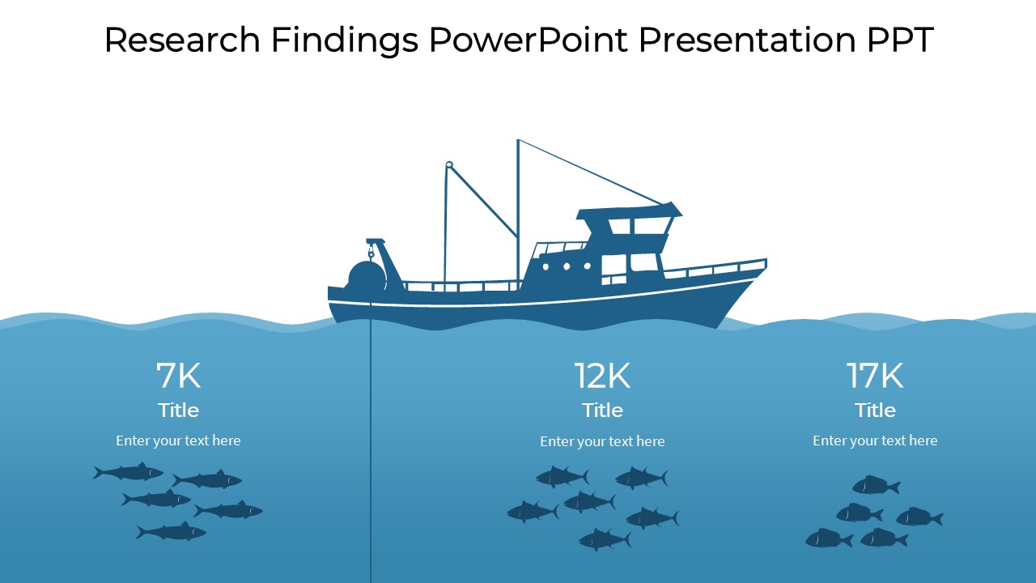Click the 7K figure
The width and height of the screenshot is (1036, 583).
point(178,376)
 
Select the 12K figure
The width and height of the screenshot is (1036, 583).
point(602,376)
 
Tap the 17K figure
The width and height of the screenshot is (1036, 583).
point(875,376)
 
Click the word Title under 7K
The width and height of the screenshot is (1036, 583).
point(178,410)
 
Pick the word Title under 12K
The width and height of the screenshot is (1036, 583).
point(602,410)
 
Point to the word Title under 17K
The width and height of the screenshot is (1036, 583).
point(875,410)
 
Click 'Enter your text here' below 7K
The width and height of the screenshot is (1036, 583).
point(178,440)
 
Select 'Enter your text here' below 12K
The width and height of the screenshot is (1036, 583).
point(602,441)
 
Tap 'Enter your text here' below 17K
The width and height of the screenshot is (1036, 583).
point(875,440)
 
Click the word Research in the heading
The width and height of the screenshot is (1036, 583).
point(181,40)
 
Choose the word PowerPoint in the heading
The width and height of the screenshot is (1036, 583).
point(528,40)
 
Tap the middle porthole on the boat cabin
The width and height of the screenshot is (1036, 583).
point(567,266)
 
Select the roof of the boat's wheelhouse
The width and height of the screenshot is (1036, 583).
point(629,212)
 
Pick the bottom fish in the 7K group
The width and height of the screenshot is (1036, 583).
point(171,532)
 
